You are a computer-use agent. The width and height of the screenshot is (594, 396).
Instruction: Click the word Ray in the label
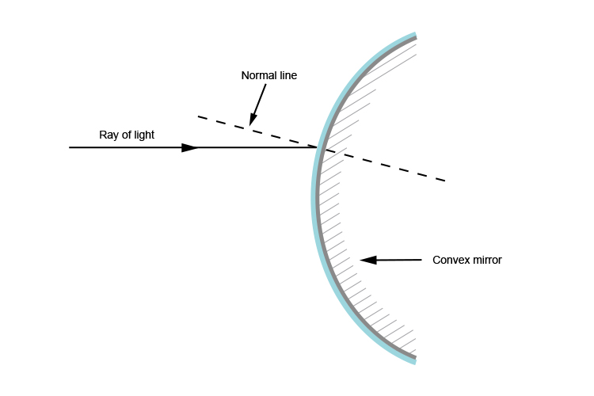click(108, 135)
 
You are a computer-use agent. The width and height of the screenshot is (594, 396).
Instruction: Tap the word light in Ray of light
click(143, 135)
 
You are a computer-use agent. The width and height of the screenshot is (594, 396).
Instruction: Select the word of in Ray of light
click(125, 135)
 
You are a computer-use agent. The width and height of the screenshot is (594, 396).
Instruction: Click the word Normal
click(257, 75)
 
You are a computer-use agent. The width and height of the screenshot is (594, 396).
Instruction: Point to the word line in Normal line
click(287, 75)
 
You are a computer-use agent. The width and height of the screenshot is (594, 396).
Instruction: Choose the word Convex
click(450, 260)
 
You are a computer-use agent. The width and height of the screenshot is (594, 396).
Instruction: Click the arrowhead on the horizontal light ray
click(190, 147)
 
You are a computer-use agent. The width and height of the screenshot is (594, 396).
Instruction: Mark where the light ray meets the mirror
click(318, 147)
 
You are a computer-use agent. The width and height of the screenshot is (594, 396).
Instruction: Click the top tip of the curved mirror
click(414, 36)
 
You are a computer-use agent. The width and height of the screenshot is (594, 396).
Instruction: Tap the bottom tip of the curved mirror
click(413, 360)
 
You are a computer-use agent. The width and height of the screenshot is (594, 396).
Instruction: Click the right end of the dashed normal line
click(445, 181)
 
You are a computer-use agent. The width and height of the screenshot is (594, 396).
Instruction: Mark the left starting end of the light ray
click(70, 147)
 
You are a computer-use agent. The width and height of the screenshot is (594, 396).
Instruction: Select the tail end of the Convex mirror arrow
click(421, 259)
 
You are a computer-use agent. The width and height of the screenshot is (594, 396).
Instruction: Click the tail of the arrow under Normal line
click(265, 86)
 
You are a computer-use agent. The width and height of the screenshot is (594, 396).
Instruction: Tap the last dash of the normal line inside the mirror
click(439, 180)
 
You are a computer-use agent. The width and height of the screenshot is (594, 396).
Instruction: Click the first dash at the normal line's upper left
click(203, 119)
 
